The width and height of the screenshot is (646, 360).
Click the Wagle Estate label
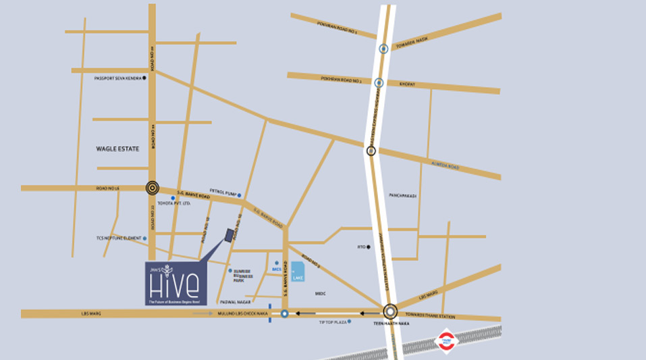pos(117,148)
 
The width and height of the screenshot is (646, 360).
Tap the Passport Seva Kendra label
pos(117,78)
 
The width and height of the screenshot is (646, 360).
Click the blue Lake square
pos(298,271)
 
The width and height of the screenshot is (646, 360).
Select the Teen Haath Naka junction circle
pos(390,312)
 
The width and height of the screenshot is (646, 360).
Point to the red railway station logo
pos(446,340)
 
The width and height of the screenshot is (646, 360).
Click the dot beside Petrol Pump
pos(239,195)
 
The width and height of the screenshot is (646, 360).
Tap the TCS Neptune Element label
pos(119,238)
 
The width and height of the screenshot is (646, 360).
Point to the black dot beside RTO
pos(369,247)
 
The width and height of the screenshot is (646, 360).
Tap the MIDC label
pos(320,294)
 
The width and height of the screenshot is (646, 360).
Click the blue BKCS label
pos(275,268)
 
